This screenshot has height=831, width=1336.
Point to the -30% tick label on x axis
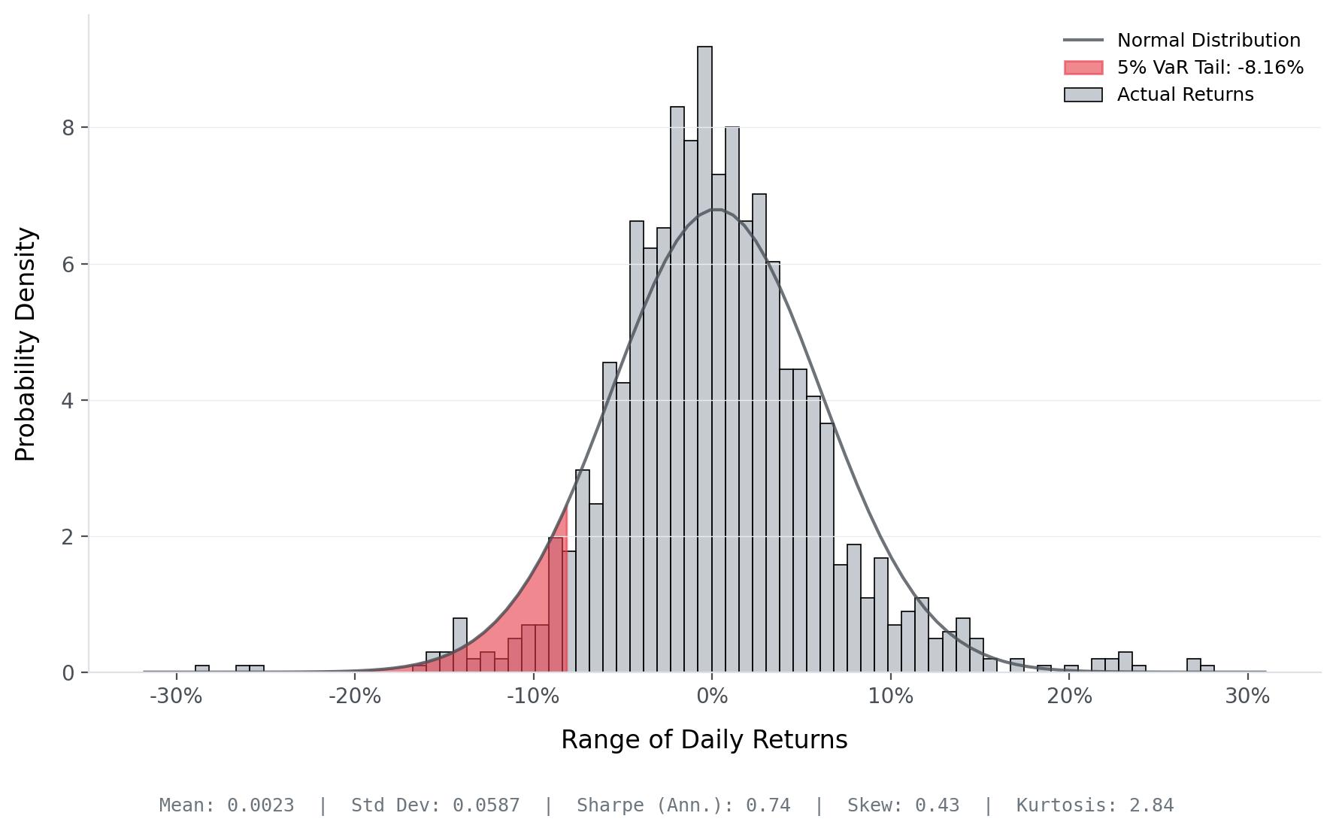[x=176, y=696]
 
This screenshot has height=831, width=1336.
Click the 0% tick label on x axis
[x=712, y=696]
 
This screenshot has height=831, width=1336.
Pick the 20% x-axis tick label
[x=1069, y=696]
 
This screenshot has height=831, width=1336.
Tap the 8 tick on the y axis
[x=69, y=128]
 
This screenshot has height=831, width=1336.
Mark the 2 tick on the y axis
[x=69, y=537]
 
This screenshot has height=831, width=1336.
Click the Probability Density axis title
[x=26, y=344]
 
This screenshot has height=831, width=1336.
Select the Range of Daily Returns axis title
[x=704, y=740]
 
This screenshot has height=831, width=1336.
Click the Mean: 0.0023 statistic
[x=226, y=805]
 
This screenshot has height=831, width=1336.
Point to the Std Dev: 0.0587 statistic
[x=435, y=805]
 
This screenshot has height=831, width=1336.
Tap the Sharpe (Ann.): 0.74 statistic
[x=683, y=805]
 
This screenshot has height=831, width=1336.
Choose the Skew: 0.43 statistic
[x=903, y=805]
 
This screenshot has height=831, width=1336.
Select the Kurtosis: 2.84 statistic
[x=1095, y=805]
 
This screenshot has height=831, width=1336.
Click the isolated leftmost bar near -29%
[x=202, y=669]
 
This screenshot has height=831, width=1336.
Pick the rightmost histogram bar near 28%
[x=1207, y=669]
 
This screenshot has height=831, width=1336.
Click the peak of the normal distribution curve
[x=716, y=209]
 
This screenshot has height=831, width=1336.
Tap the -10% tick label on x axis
[x=533, y=696]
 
